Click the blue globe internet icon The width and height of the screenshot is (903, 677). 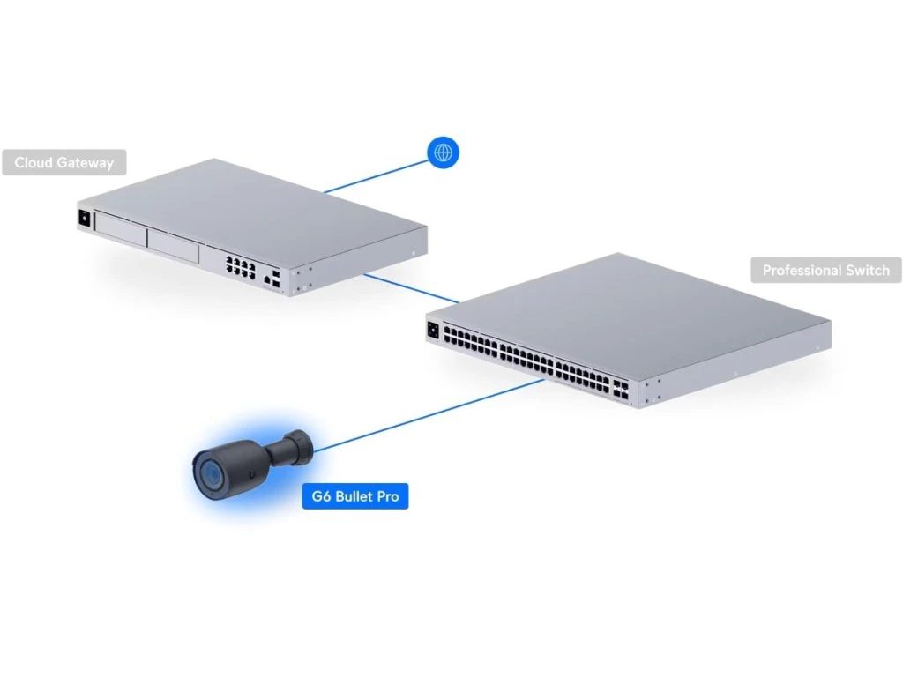tap(444, 153)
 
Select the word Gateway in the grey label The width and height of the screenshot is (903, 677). tap(86, 163)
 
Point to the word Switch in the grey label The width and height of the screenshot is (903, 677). tap(868, 270)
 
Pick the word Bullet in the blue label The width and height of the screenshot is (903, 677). tap(354, 497)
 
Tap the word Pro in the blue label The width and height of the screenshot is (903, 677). tap(388, 497)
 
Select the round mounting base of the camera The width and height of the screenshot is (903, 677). tap(300, 444)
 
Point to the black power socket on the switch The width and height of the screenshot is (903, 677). tap(433, 330)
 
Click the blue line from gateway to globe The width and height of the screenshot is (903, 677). tap(375, 175)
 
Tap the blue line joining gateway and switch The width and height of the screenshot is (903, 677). tap(410, 288)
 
